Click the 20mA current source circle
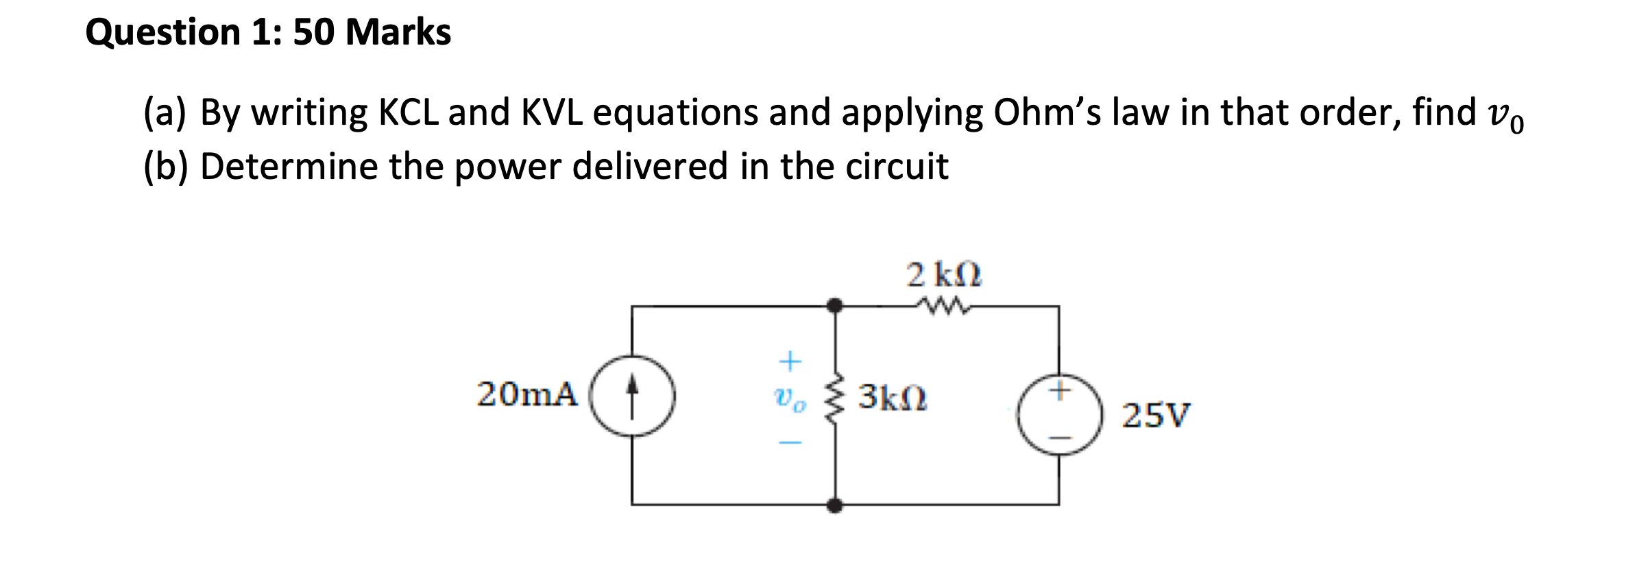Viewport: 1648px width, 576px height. coord(632,396)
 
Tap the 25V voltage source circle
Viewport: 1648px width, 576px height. coord(1060,415)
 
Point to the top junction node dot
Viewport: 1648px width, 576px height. coord(834,306)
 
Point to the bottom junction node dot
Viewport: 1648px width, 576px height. coord(834,506)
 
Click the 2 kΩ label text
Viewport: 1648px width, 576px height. coord(943,275)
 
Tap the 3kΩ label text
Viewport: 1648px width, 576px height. coord(893,397)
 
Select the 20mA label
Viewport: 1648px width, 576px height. coord(526,394)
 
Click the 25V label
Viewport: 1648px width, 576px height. coord(1156,416)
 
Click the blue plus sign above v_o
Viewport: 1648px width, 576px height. coord(790,361)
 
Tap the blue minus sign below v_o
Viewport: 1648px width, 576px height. coord(790,443)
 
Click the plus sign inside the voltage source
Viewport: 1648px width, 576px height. coord(1060,391)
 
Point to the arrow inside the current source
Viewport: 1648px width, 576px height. coord(632,395)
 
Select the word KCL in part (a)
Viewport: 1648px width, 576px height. coord(409,112)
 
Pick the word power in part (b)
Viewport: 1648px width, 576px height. coord(507,167)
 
